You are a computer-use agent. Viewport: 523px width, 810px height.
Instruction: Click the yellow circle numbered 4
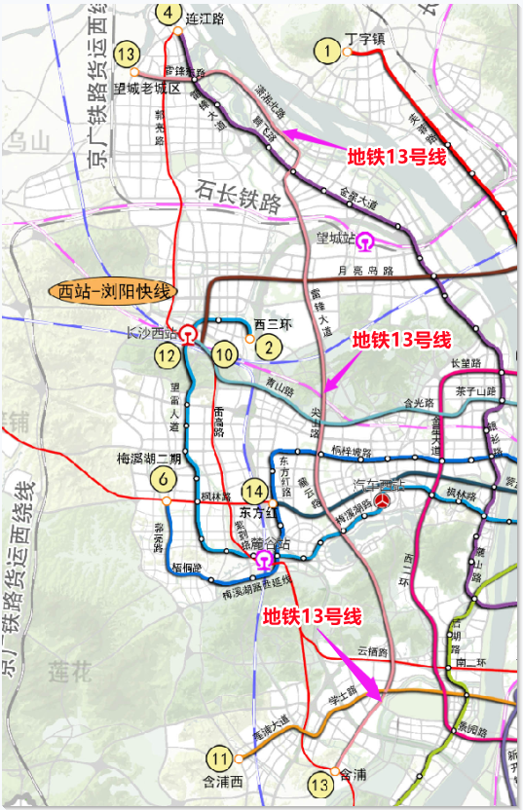169,13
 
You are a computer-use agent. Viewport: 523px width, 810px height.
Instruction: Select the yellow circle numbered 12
168,355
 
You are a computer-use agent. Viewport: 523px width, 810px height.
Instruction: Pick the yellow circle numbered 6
164,479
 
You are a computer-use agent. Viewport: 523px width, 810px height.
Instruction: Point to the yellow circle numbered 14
255,492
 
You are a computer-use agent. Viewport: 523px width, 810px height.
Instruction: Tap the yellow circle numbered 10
226,354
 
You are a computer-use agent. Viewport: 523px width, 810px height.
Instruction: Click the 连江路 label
205,18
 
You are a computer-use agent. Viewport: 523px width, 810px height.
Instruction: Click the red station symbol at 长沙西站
187,334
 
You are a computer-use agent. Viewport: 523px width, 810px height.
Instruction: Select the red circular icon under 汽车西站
386,499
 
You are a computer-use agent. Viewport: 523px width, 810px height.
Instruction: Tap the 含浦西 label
221,780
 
